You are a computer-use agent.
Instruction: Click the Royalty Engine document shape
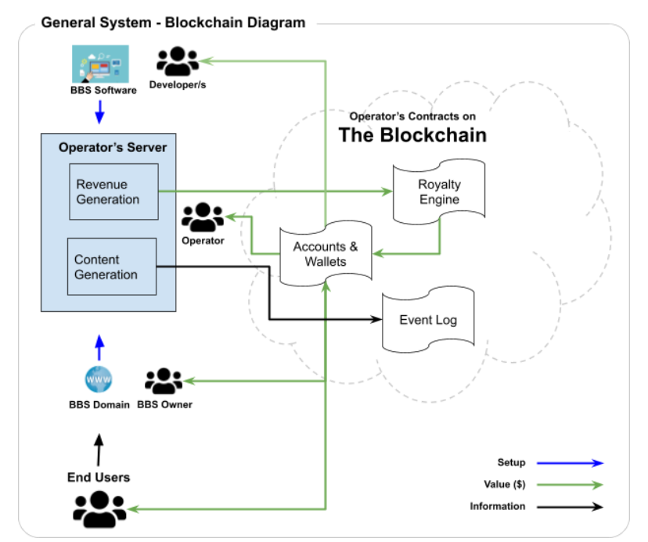(439, 192)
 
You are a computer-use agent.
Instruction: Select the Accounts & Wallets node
(326, 253)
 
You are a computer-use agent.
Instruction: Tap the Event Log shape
(428, 320)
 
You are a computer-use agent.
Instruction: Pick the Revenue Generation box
(113, 192)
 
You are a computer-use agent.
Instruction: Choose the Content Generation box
(112, 267)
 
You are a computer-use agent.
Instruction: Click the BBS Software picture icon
(99, 63)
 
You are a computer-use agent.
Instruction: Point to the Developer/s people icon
(178, 60)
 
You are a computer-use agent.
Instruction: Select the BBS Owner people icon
(164, 382)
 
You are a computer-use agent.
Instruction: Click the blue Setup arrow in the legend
(574, 463)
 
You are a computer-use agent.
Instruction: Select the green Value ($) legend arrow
(574, 485)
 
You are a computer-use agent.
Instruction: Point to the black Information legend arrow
(574, 507)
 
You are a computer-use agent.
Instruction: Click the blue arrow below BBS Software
(99, 113)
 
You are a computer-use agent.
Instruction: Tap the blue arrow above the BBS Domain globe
(99, 346)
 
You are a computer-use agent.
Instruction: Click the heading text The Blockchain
(412, 135)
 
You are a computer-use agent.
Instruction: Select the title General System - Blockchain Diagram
(173, 23)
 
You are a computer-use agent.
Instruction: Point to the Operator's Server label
(113, 147)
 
